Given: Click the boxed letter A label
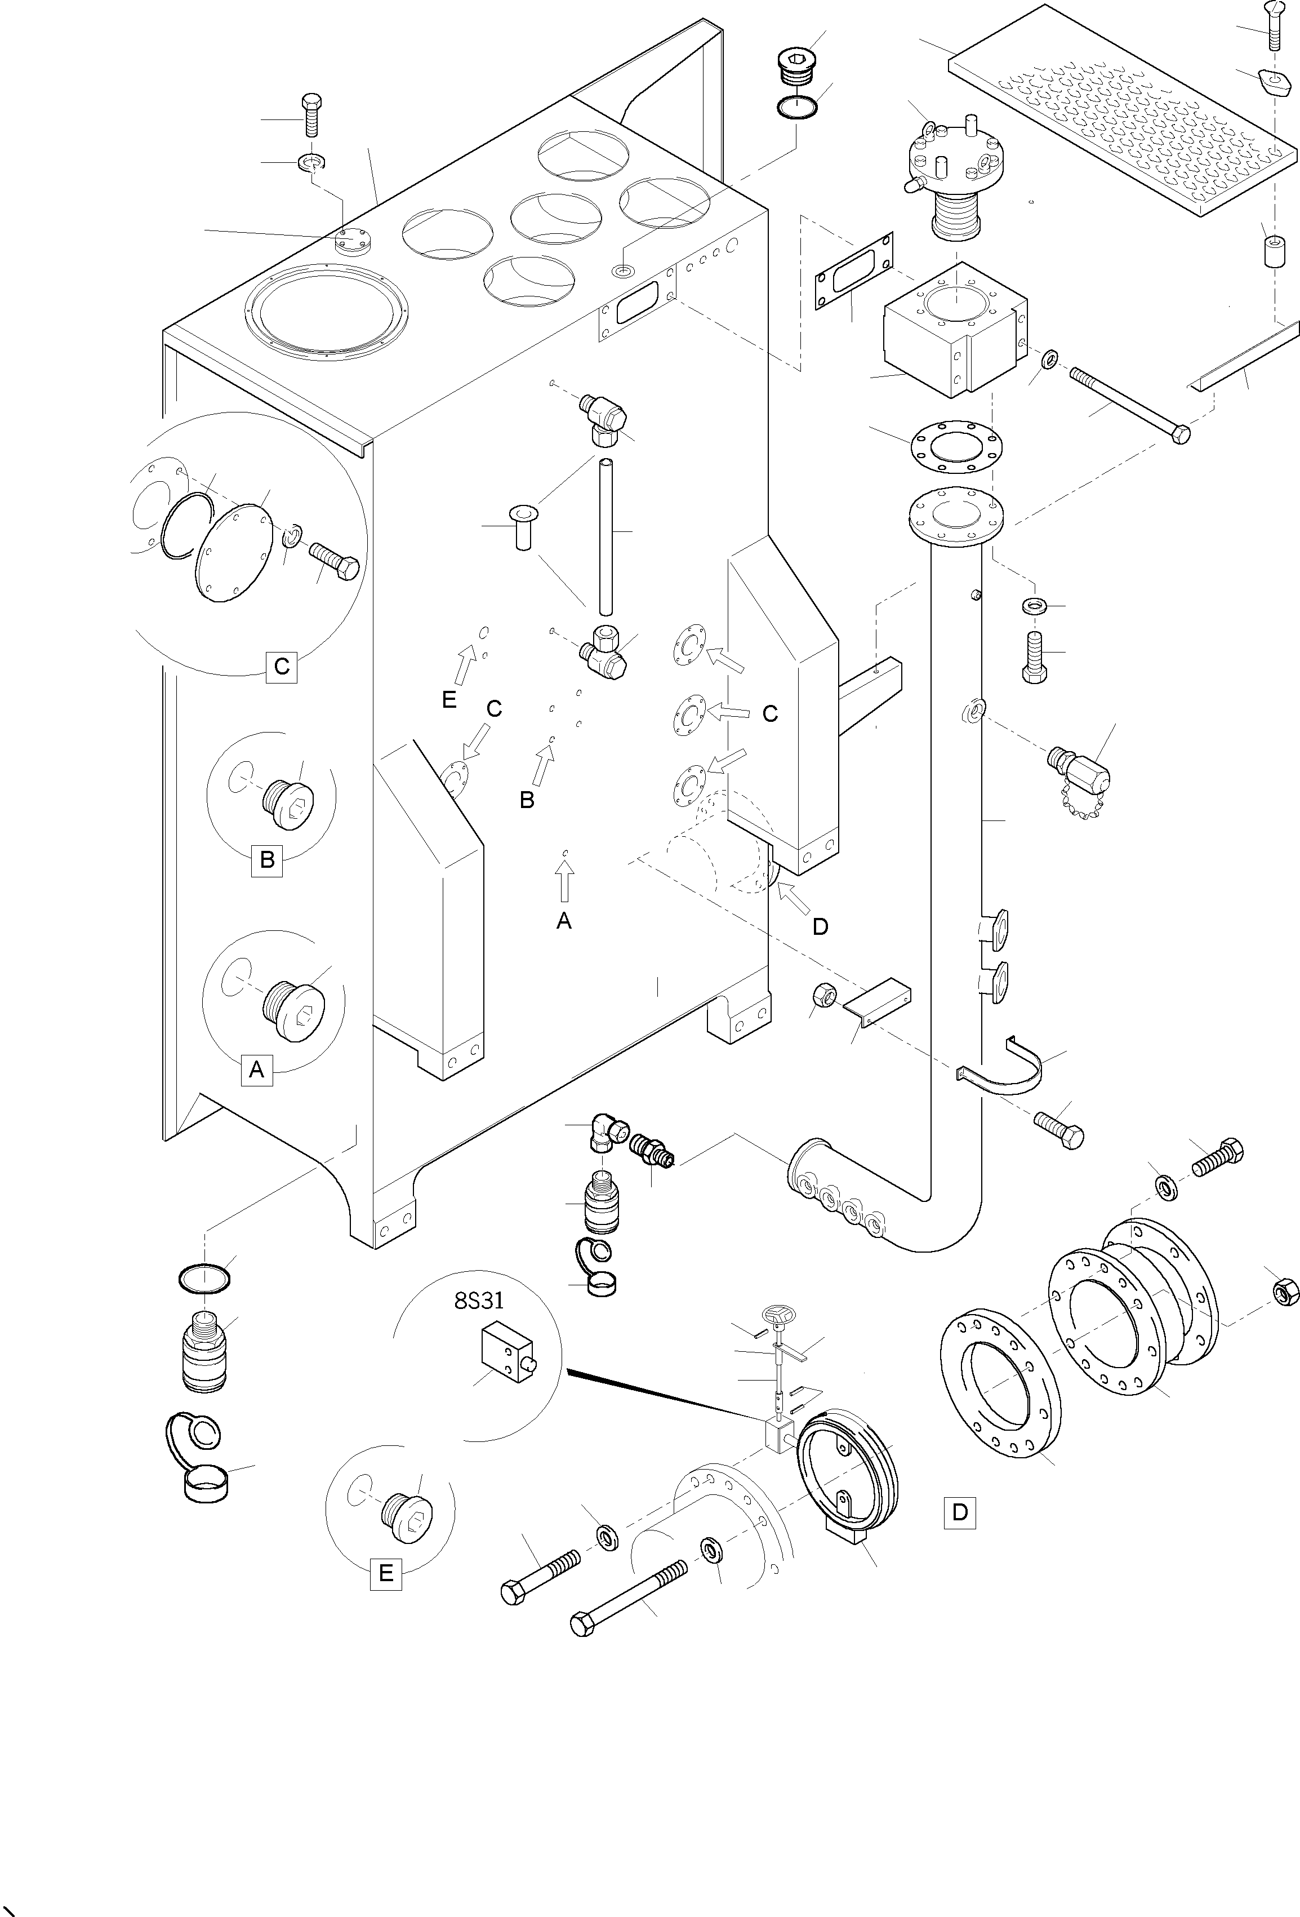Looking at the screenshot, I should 256,1070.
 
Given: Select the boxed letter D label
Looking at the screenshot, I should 960,1512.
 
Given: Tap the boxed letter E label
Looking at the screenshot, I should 386,1573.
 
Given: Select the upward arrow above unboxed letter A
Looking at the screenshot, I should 564,881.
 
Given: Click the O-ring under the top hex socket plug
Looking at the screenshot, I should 797,106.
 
